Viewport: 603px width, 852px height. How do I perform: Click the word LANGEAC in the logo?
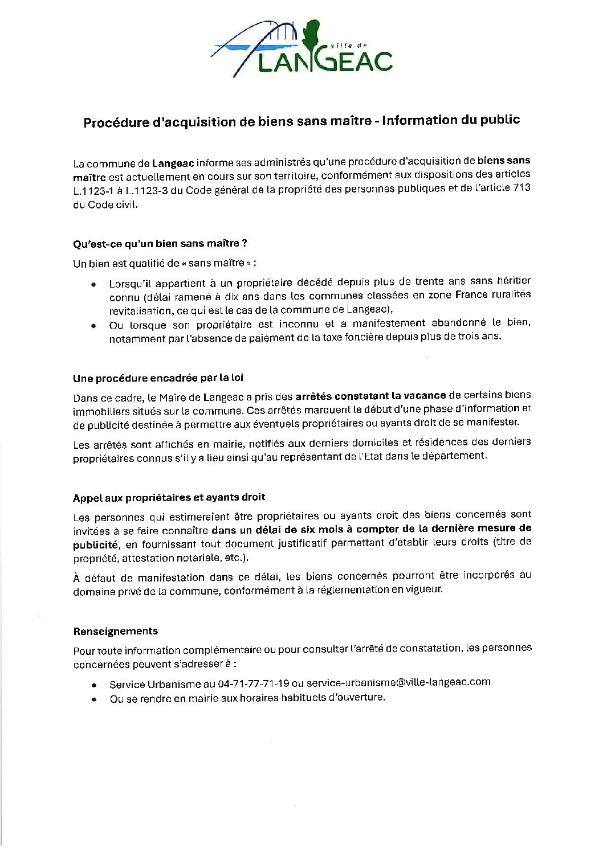pyautogui.click(x=325, y=62)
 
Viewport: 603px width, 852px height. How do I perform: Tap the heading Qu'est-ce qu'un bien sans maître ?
pyautogui.click(x=160, y=244)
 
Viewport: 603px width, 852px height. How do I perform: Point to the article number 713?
pyautogui.click(x=522, y=187)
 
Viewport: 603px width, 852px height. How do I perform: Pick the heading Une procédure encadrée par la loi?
pyautogui.click(x=158, y=378)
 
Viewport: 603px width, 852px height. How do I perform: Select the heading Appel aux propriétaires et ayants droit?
pyautogui.click(x=169, y=497)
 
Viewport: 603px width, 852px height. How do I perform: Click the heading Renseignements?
pyautogui.click(x=115, y=631)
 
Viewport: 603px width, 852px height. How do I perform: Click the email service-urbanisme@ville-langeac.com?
pyautogui.click(x=398, y=682)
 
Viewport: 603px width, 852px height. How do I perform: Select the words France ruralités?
pyautogui.click(x=492, y=294)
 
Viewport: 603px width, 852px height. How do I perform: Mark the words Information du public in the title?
pyautogui.click(x=451, y=120)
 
